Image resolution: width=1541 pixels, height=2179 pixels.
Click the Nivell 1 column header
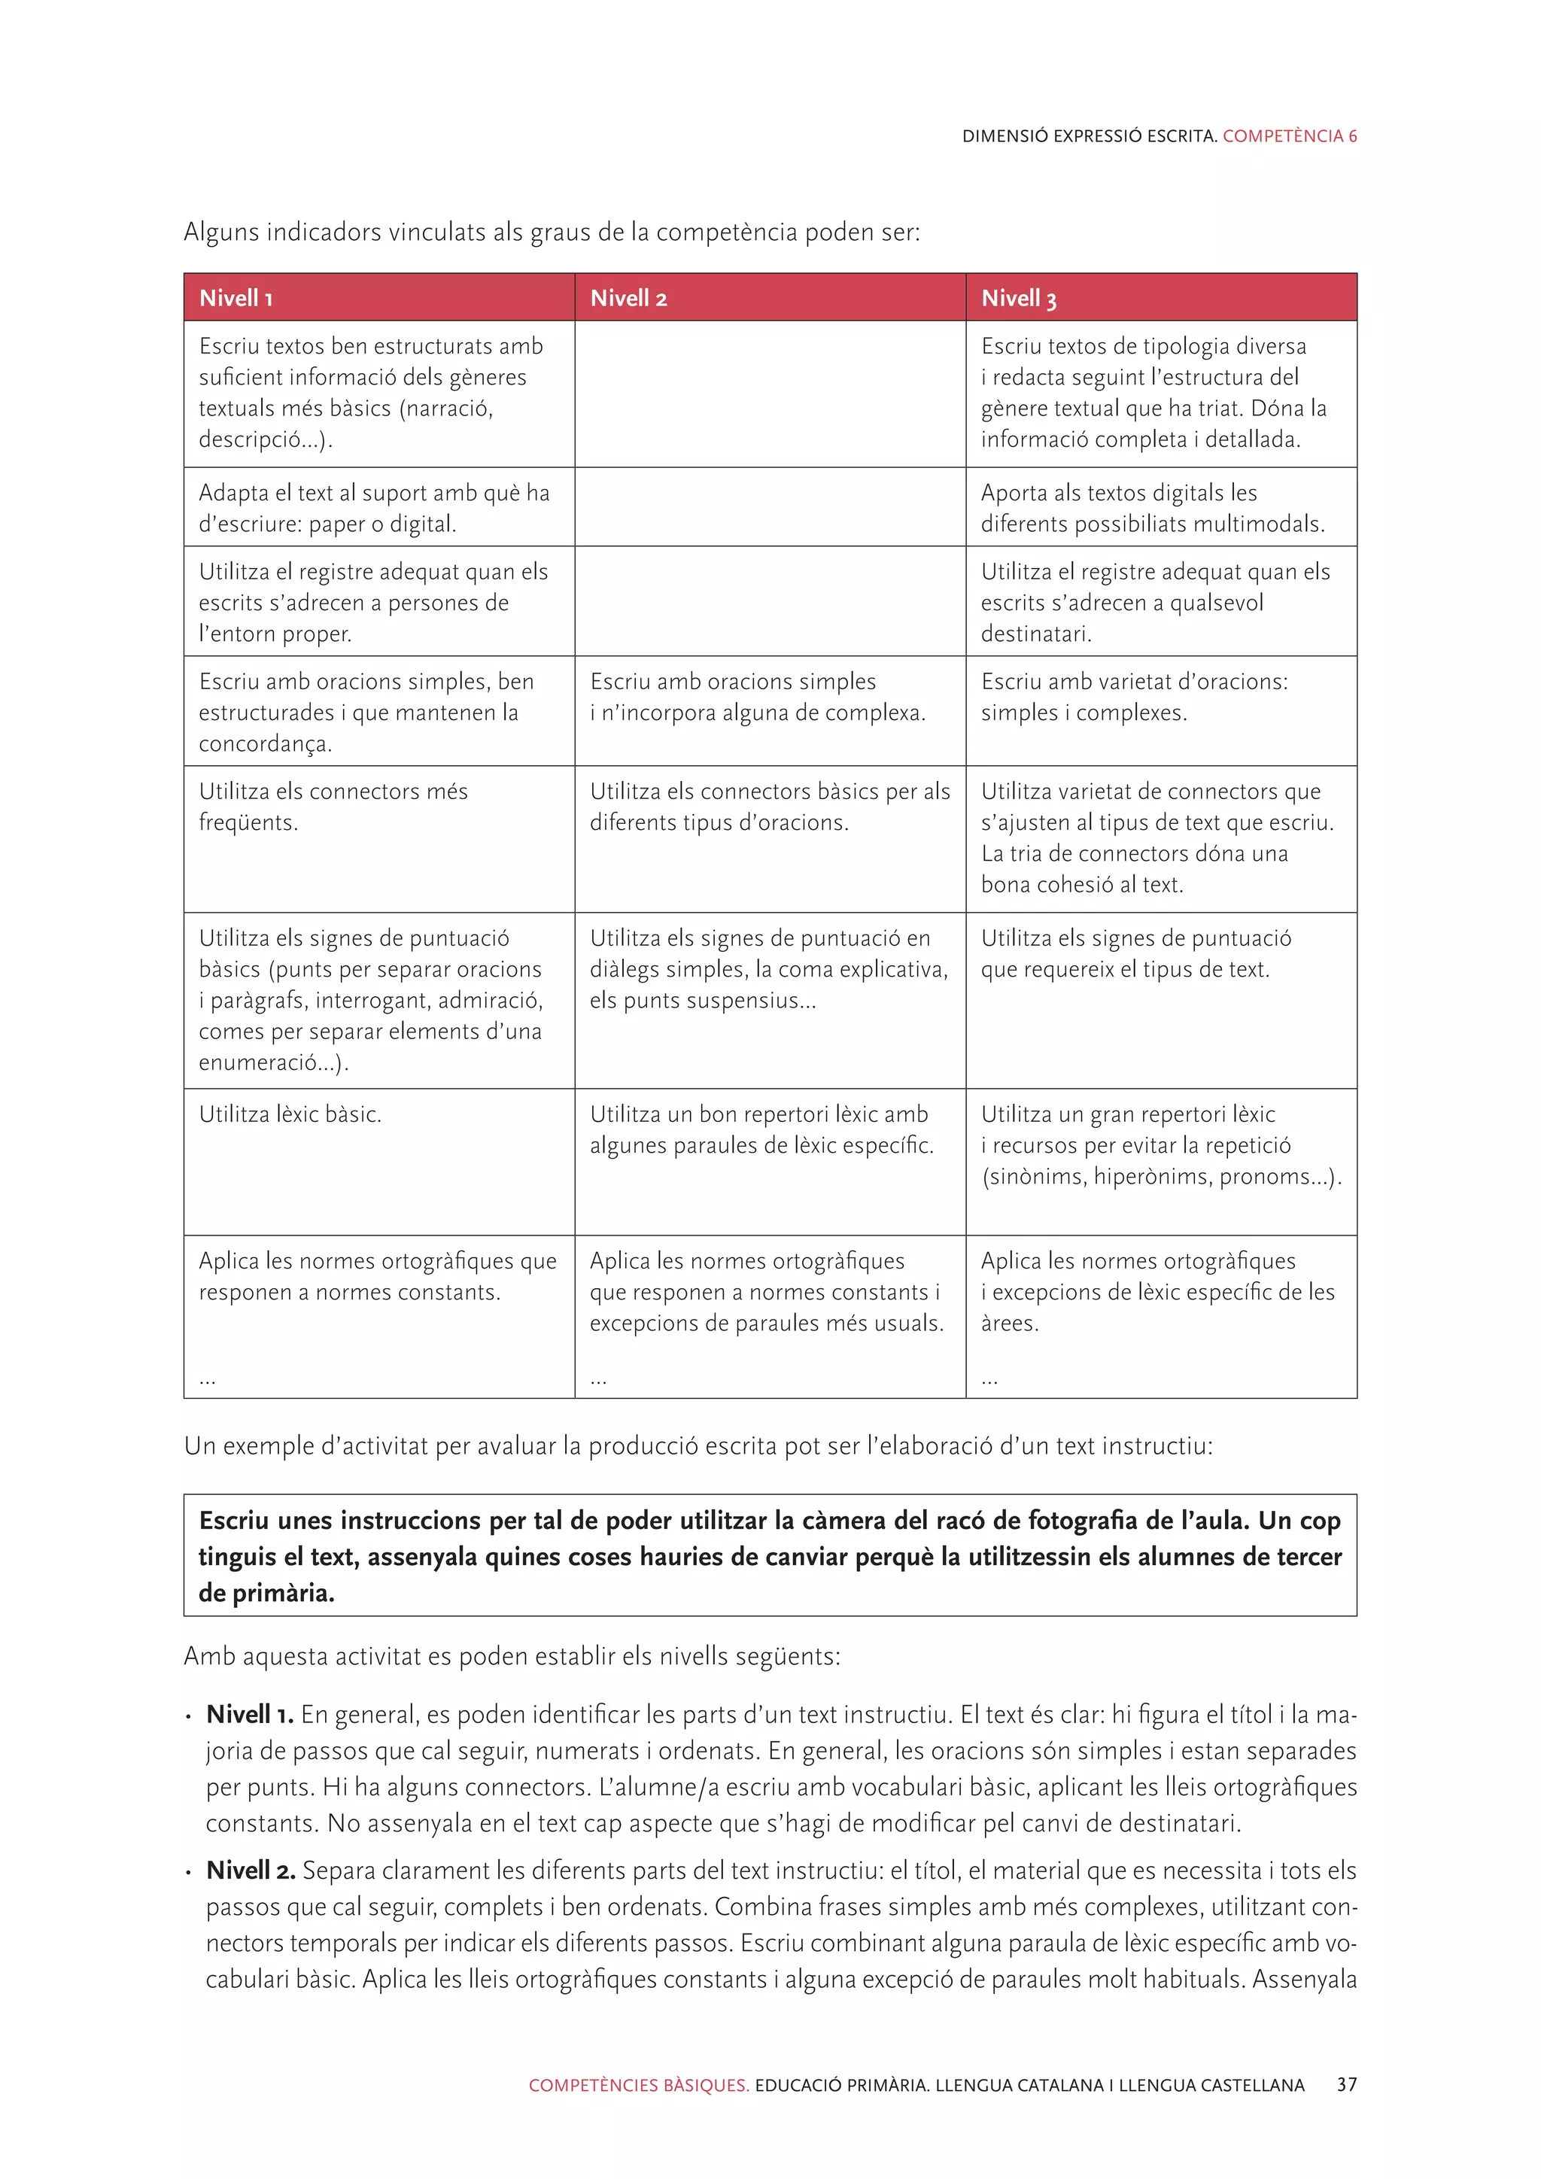[236, 298]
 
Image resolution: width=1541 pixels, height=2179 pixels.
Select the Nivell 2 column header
[628, 298]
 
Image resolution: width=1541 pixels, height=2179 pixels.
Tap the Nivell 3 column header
[1018, 298]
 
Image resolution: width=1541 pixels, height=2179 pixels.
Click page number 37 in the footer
[1346, 2085]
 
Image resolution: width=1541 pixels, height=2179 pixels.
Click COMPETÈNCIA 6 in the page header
[1290, 135]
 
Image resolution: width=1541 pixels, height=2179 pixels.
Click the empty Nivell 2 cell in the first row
[770, 394]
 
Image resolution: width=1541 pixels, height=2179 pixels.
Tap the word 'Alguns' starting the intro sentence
[221, 232]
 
